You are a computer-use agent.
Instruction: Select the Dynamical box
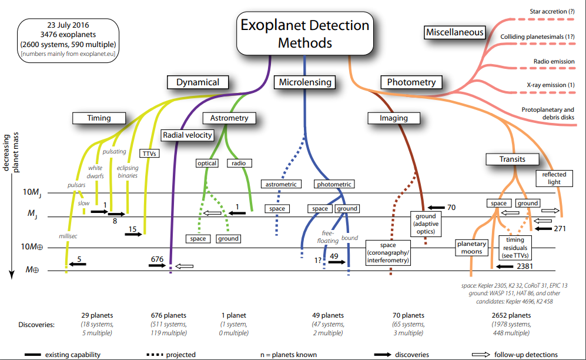(x=197, y=82)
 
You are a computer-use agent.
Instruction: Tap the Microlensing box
(x=305, y=82)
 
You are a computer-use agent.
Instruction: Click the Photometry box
(x=411, y=82)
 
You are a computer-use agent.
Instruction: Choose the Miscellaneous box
(x=455, y=32)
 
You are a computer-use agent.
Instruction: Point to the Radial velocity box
(x=187, y=135)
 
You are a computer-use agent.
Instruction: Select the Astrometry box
(x=229, y=118)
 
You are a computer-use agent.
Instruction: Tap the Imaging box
(x=393, y=118)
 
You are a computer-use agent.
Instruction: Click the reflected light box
(x=554, y=178)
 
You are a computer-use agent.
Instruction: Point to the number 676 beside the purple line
(x=156, y=258)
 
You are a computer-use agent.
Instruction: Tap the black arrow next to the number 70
(x=437, y=208)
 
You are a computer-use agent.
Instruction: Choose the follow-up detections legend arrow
(x=482, y=355)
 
